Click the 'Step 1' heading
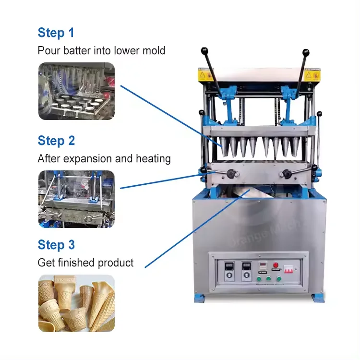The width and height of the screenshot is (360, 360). (x=56, y=33)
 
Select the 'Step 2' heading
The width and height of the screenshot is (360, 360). (x=57, y=141)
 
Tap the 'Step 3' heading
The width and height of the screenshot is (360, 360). (x=57, y=245)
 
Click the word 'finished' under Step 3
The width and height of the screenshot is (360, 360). (x=79, y=263)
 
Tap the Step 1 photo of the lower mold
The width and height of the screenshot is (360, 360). (x=76, y=91)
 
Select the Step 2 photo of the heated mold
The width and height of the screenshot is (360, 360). (x=76, y=199)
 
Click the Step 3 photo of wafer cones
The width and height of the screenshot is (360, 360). (x=76, y=303)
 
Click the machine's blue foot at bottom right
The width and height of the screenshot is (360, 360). (x=319, y=298)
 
